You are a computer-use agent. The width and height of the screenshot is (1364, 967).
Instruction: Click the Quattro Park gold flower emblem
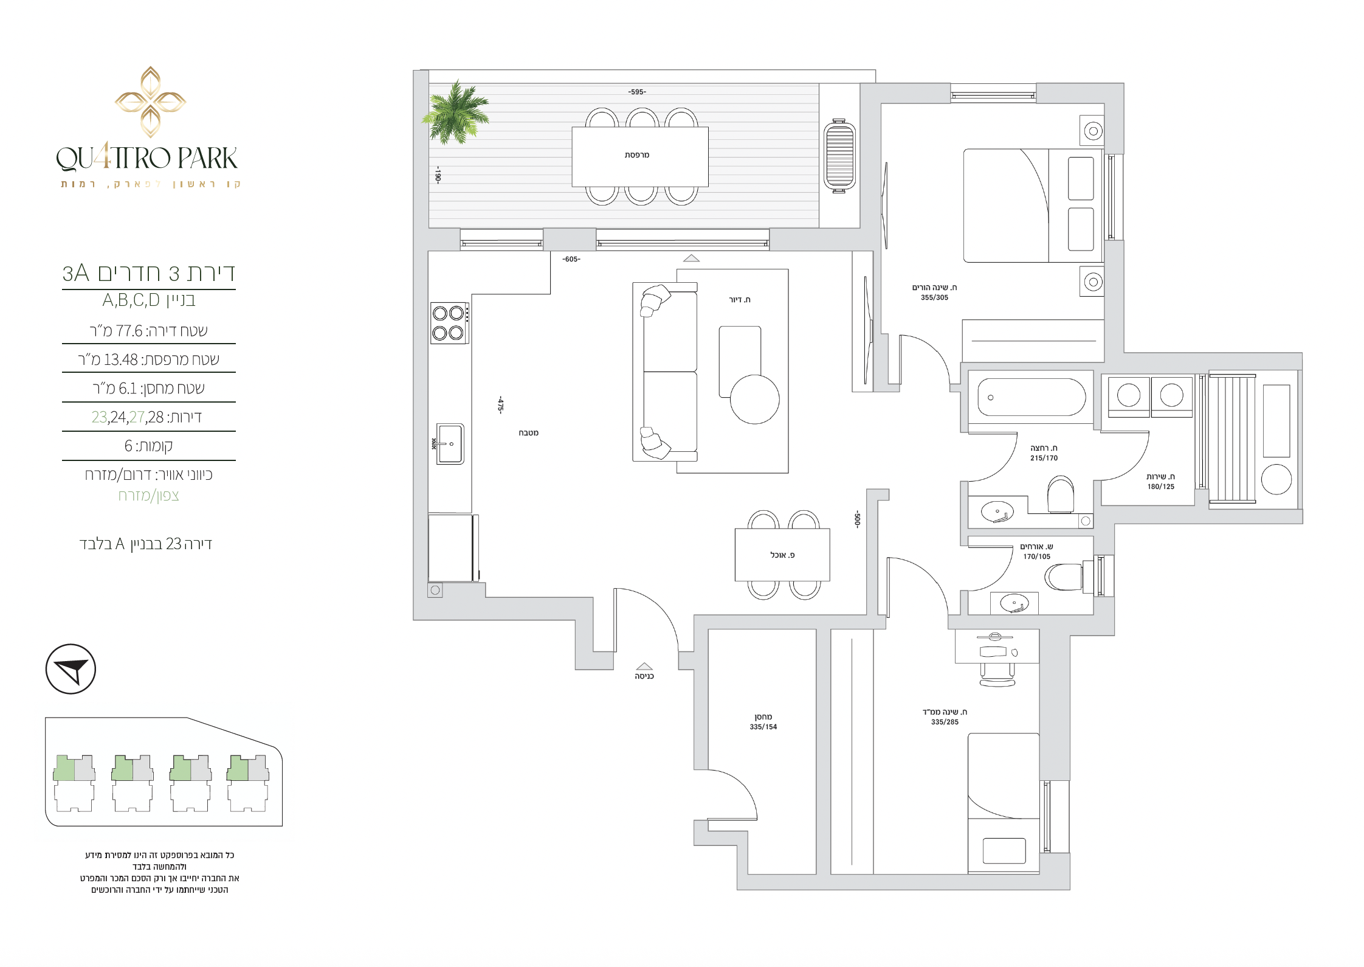tap(150, 102)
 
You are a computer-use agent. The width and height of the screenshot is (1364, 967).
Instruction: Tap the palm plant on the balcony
tap(456, 113)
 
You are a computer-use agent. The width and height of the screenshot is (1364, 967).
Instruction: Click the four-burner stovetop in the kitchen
tap(449, 323)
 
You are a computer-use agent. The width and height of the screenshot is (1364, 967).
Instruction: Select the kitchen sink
tap(450, 444)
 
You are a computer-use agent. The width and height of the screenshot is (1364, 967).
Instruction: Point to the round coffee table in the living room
tap(754, 399)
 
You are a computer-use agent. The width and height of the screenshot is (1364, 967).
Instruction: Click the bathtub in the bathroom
tap(1032, 397)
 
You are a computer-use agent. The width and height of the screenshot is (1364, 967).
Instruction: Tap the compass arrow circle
tap(71, 669)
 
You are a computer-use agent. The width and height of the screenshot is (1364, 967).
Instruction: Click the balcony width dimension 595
tap(637, 92)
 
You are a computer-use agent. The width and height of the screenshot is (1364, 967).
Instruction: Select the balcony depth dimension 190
tap(438, 175)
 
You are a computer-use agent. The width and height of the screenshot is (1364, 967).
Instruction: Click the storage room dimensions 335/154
tap(763, 727)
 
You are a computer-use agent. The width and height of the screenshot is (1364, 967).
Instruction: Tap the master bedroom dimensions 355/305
tap(934, 297)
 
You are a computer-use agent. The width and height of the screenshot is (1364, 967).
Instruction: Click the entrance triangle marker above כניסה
tap(644, 666)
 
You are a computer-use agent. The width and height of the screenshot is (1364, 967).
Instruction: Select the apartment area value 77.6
tap(129, 331)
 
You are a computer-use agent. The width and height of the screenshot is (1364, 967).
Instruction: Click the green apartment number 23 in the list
tap(99, 417)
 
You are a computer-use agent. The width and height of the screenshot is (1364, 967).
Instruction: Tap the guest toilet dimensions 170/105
tap(1036, 556)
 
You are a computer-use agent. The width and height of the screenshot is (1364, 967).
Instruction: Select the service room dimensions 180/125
tap(1161, 487)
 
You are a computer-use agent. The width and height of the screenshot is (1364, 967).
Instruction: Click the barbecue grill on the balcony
tap(839, 156)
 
